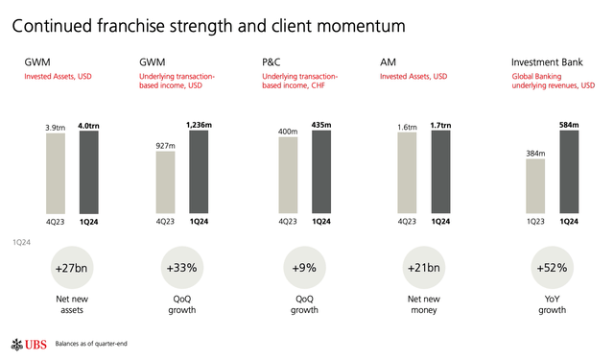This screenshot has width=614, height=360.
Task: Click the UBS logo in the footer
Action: (27, 343)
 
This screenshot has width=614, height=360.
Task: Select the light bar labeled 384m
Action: (534, 185)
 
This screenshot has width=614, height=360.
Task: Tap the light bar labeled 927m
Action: (165, 181)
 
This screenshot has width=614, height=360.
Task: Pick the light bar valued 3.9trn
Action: (55, 172)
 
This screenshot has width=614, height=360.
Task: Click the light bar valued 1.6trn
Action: (407, 172)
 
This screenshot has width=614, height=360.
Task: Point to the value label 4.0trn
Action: (88, 124)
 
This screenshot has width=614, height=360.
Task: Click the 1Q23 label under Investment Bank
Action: (534, 220)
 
